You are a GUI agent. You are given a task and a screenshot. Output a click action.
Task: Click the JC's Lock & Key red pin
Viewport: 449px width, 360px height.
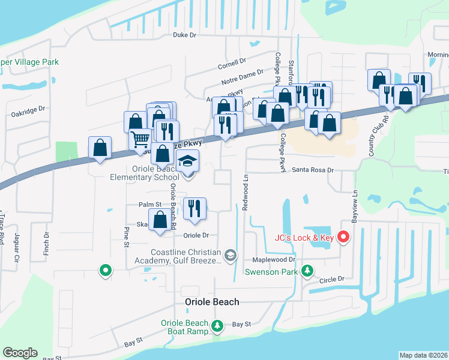point(343,238)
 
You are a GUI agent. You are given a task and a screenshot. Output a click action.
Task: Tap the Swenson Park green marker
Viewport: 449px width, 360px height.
point(307,271)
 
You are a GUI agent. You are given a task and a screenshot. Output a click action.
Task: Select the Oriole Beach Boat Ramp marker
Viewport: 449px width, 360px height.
point(217,327)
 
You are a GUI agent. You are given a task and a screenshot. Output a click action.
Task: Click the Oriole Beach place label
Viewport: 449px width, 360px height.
point(211,302)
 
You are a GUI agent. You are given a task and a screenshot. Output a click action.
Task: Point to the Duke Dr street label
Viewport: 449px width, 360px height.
point(184,35)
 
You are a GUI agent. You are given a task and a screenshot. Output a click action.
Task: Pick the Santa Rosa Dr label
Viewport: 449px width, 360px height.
point(312,170)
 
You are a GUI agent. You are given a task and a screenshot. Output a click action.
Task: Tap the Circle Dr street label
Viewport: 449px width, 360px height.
point(332,279)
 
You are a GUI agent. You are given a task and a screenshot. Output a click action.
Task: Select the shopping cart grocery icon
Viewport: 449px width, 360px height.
point(140,139)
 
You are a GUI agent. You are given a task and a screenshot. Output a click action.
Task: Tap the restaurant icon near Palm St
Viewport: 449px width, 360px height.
point(194,208)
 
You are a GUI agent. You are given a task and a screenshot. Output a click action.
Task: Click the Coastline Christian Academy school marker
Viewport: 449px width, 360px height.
point(231,257)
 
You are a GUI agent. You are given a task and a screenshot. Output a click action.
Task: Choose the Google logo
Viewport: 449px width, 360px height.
point(20,353)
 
